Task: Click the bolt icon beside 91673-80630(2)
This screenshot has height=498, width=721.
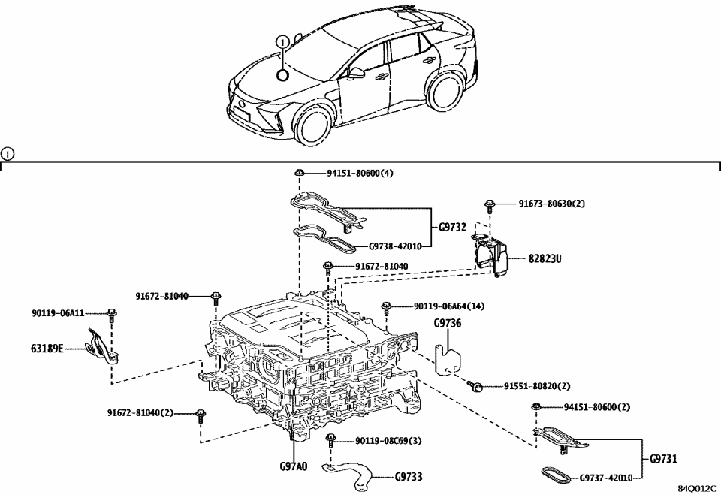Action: (x=489, y=204)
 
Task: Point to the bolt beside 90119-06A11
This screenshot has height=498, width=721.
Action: (x=111, y=314)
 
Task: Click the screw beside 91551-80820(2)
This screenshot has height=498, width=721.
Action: (x=475, y=386)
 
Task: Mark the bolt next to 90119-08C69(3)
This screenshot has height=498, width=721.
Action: (x=330, y=440)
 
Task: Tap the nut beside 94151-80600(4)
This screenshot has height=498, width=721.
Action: (x=299, y=173)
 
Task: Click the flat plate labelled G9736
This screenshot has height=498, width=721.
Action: (x=449, y=355)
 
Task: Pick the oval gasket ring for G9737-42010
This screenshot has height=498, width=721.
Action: (x=554, y=475)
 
